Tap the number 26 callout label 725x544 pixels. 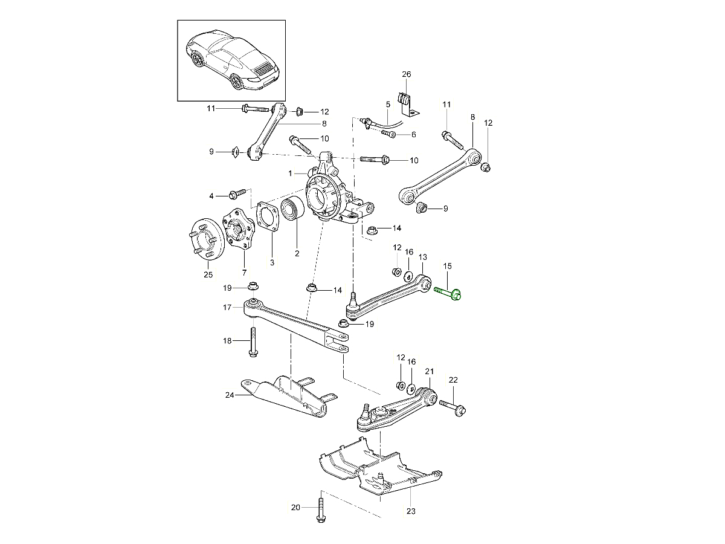[407, 74]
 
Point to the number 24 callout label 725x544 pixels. [229, 395]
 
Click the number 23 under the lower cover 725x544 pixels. [411, 512]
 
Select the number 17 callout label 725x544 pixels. [227, 308]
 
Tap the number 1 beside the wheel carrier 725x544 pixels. [291, 173]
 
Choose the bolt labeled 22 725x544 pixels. [454, 406]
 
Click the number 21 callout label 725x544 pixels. [430, 371]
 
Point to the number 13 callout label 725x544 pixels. [422, 257]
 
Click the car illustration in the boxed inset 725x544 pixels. [231, 59]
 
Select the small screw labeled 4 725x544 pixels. [238, 193]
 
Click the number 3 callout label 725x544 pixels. [272, 262]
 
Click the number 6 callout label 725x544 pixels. [413, 135]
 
